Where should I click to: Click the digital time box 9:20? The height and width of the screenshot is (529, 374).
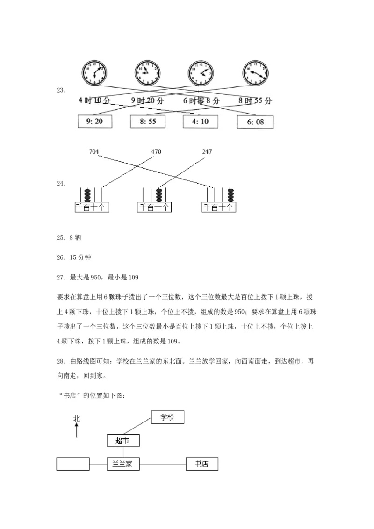[x=94, y=122]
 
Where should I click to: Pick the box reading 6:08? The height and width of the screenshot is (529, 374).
[x=255, y=122]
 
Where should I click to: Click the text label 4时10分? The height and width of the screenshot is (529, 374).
[x=93, y=100]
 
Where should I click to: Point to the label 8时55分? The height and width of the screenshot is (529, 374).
[x=255, y=100]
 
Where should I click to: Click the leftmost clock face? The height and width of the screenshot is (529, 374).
[x=94, y=72]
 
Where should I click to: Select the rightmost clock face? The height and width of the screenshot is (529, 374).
[x=255, y=72]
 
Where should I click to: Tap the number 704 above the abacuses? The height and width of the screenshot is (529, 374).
[x=94, y=151]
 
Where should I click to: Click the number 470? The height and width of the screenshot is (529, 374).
[x=156, y=151]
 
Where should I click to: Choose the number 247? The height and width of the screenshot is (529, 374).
[x=207, y=151]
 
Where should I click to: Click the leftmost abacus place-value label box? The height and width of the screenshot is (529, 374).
[x=92, y=207]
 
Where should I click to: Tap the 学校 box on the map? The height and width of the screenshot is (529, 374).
[x=168, y=417]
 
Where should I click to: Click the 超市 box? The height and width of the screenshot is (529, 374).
[x=123, y=441]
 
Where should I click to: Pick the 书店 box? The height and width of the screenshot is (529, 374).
[x=202, y=464]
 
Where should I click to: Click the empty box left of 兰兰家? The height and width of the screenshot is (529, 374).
[x=73, y=464]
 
